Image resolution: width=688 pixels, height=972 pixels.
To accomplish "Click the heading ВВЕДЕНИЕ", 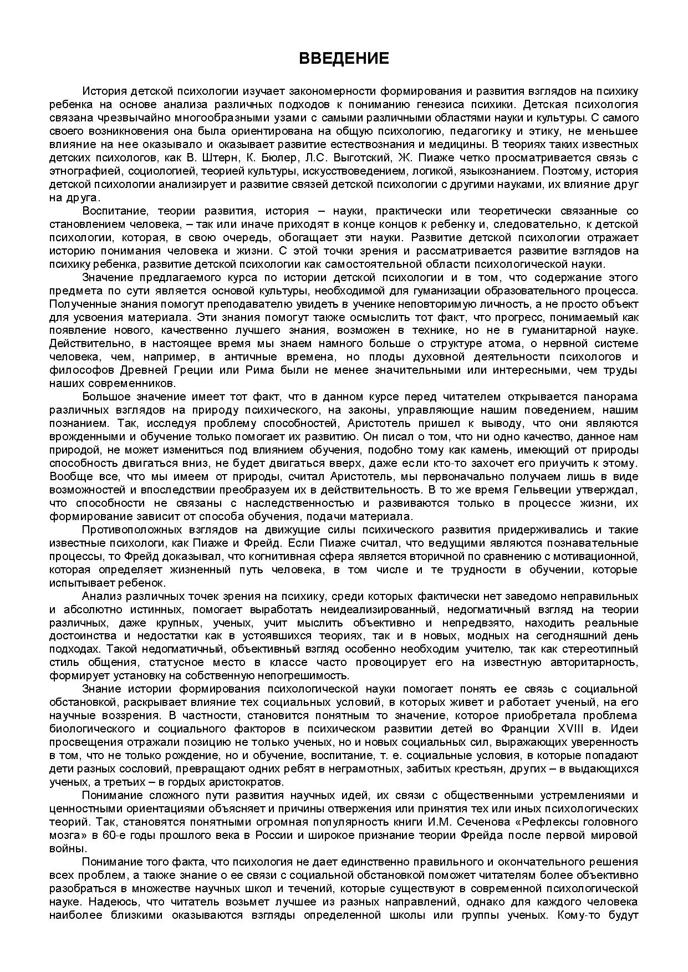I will point(344,59).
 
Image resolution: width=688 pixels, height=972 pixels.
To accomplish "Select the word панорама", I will point(607,396).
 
